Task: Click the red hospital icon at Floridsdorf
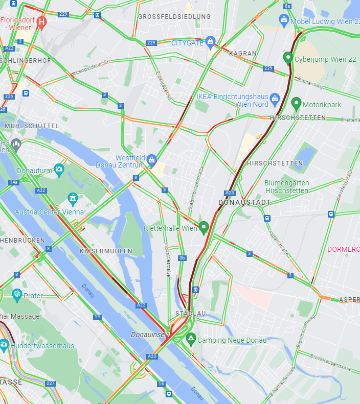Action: click(x=42, y=22)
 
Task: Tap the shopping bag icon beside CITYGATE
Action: click(x=210, y=41)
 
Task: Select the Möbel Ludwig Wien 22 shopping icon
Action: click(x=284, y=19)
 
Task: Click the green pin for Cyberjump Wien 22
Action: click(x=288, y=57)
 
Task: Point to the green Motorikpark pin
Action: click(x=296, y=103)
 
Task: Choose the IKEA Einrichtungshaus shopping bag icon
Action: click(x=275, y=98)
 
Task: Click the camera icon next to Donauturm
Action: click(x=59, y=169)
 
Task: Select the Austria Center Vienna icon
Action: click(x=73, y=197)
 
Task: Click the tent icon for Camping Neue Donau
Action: click(x=191, y=338)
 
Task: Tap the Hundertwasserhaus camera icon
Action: click(x=4, y=345)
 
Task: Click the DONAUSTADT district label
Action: click(x=244, y=202)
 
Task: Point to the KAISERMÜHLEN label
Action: click(x=106, y=251)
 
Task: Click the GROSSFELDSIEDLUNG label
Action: click(x=174, y=17)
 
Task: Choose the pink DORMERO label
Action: click(x=344, y=250)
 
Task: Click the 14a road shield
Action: click(x=13, y=182)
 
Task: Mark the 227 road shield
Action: click(x=50, y=383)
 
